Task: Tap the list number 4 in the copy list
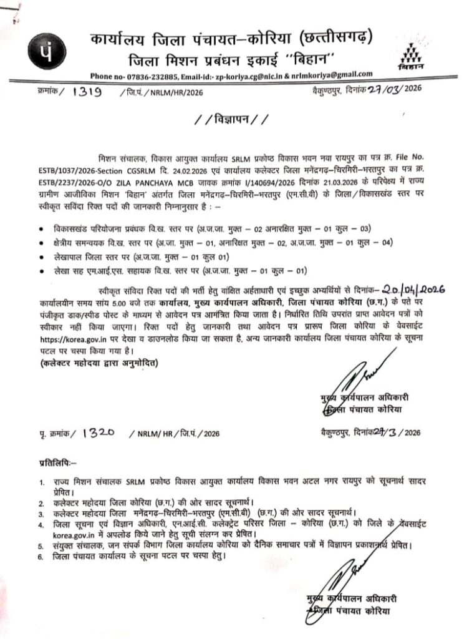click(x=41, y=525)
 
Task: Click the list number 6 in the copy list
click(x=41, y=555)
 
